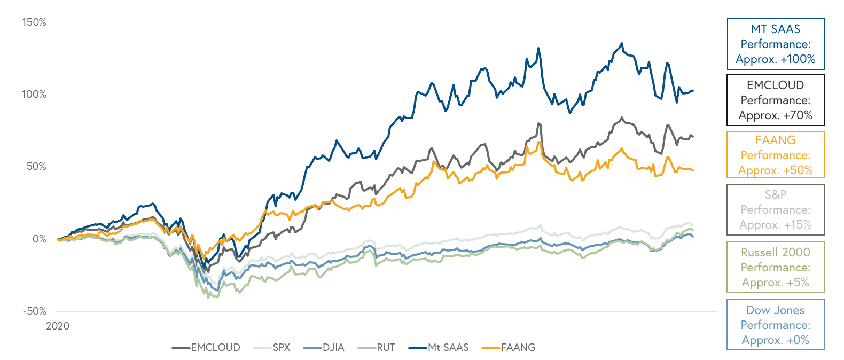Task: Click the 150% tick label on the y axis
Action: point(34,22)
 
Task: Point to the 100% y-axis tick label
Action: point(34,95)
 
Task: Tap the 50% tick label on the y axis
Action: point(36,167)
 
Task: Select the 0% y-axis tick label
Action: point(40,239)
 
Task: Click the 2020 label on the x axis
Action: point(58,326)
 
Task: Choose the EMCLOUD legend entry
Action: point(206,348)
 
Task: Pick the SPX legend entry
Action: point(272,348)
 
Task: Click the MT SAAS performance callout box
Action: point(776,44)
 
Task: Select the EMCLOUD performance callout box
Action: point(776,100)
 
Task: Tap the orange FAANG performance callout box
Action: point(776,155)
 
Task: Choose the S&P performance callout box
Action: point(776,210)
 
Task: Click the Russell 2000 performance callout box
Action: point(776,267)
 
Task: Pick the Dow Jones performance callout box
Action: point(776,325)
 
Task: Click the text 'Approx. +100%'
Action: point(776,59)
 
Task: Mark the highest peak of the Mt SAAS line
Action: point(621,43)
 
